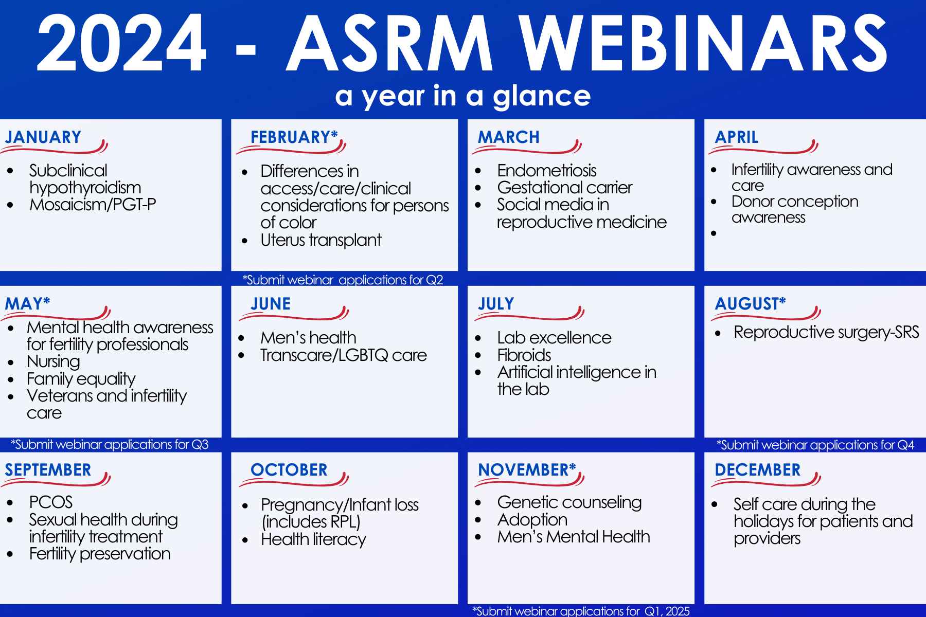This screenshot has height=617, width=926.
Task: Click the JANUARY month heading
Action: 43,137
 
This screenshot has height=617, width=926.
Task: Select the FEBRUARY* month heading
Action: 294,137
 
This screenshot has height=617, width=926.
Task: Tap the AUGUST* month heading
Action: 751,304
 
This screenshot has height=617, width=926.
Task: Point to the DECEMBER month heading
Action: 758,470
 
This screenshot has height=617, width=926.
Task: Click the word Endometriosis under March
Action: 547,171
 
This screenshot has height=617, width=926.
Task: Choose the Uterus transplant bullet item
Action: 321,240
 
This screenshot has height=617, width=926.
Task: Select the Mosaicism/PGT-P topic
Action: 93,205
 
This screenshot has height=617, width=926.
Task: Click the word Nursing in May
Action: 54,362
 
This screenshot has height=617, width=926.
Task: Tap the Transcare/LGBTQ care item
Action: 344,355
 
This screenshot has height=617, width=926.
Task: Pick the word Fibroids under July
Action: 524,355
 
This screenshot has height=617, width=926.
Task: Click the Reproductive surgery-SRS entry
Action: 826,333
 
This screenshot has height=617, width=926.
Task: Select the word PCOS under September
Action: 51,502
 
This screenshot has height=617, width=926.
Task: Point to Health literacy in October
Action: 313,539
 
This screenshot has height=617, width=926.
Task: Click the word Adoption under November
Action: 532,520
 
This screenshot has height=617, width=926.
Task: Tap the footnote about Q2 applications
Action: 343,280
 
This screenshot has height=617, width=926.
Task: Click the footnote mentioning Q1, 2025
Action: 581,611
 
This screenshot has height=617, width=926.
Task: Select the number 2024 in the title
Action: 122,43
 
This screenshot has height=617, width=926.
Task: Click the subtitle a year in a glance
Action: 463,96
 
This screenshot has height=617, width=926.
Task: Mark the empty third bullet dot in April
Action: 714,233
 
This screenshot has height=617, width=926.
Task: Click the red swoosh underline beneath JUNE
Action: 294,314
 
